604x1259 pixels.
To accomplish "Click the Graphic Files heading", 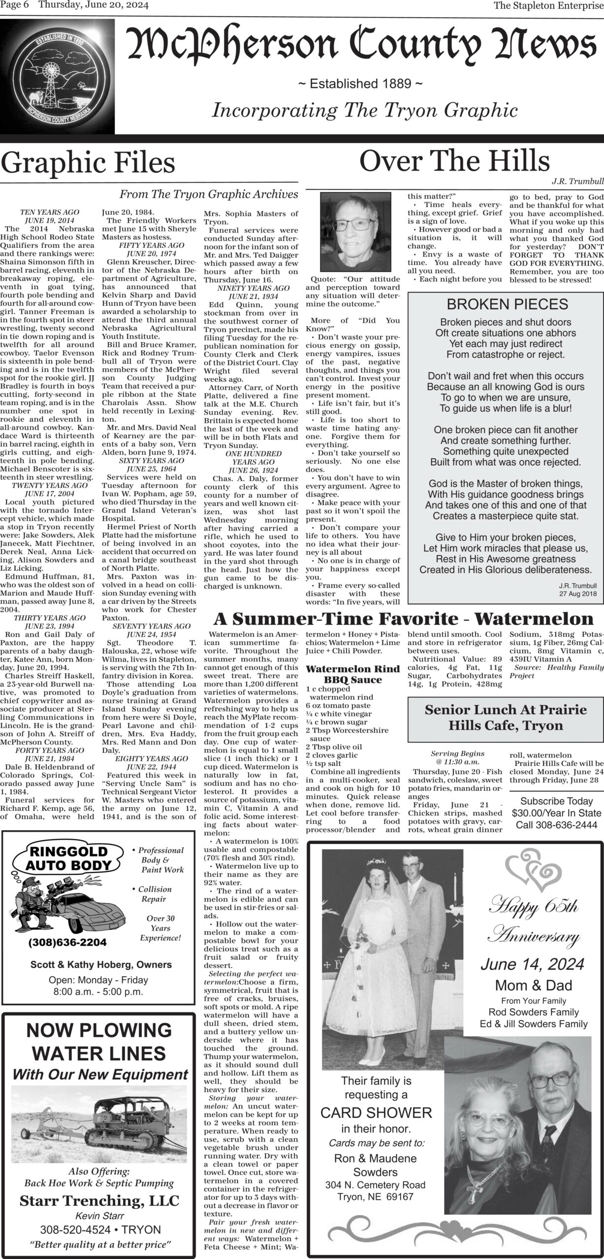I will pos(88,163).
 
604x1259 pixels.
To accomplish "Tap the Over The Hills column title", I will pos(454,160).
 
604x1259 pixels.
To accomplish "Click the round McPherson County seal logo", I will pos(58,79).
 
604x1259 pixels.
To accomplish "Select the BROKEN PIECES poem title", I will pos(507,304).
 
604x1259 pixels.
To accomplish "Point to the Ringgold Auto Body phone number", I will pos(67,942).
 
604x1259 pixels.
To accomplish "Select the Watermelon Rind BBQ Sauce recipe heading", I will pos(353,674).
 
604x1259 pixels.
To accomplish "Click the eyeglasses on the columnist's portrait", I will pos(354,226).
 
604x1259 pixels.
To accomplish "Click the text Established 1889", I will pos(360,84).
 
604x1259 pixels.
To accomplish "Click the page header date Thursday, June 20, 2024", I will pos(94,5).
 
